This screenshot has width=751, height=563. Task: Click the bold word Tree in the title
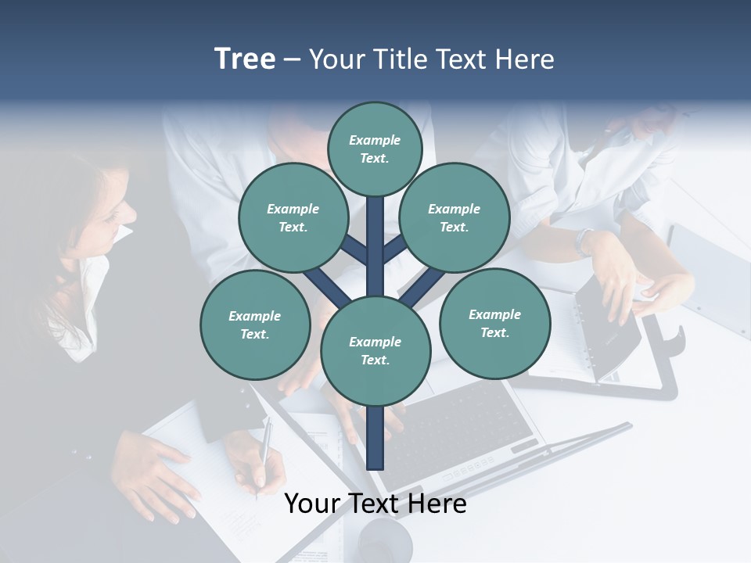point(245,59)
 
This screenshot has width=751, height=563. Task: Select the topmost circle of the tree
point(375,149)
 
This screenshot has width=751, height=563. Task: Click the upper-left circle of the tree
point(293,217)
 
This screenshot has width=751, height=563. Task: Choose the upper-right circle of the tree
point(455,217)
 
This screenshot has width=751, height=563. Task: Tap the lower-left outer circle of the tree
point(254,325)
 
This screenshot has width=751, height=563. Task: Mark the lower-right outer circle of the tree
point(494,324)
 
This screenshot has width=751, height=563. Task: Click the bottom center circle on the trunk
point(375,351)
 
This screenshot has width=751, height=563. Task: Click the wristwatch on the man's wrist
point(584,241)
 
